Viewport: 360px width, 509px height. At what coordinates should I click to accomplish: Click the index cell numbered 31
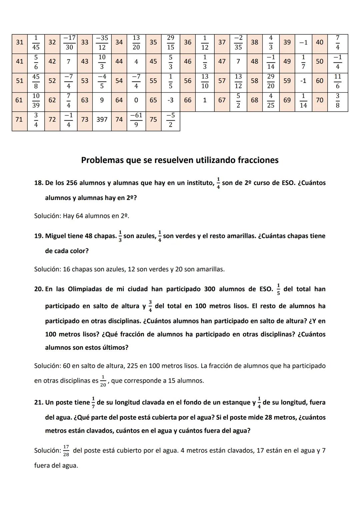(20, 42)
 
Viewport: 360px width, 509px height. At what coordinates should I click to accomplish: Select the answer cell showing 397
(102, 119)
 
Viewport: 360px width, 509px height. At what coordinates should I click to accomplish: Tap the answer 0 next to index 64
(136, 100)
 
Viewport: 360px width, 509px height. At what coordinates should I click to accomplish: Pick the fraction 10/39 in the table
(36, 100)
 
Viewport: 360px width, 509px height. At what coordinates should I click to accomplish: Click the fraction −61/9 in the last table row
(136, 120)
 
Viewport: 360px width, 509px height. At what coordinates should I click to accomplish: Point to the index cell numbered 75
(153, 119)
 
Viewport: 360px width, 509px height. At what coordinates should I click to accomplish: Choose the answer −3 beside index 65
(170, 100)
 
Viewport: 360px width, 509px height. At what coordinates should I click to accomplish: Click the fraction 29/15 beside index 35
(170, 42)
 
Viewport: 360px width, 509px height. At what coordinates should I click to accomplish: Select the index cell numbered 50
(319, 61)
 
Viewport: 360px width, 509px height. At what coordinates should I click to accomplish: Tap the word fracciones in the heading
(258, 160)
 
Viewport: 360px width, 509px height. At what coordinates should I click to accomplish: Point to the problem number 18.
(39, 183)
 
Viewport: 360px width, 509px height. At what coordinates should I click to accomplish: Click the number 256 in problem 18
(72, 183)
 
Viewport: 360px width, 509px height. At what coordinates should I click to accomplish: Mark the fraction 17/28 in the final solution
(66, 451)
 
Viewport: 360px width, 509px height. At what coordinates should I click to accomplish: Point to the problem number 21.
(39, 402)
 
